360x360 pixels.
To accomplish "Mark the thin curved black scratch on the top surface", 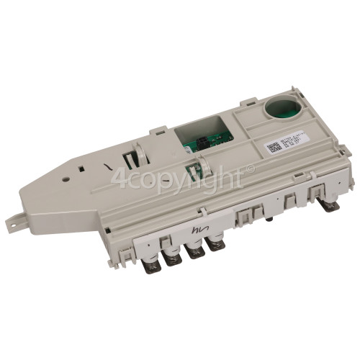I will [109, 171].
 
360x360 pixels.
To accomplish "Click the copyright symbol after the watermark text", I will [250, 168].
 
